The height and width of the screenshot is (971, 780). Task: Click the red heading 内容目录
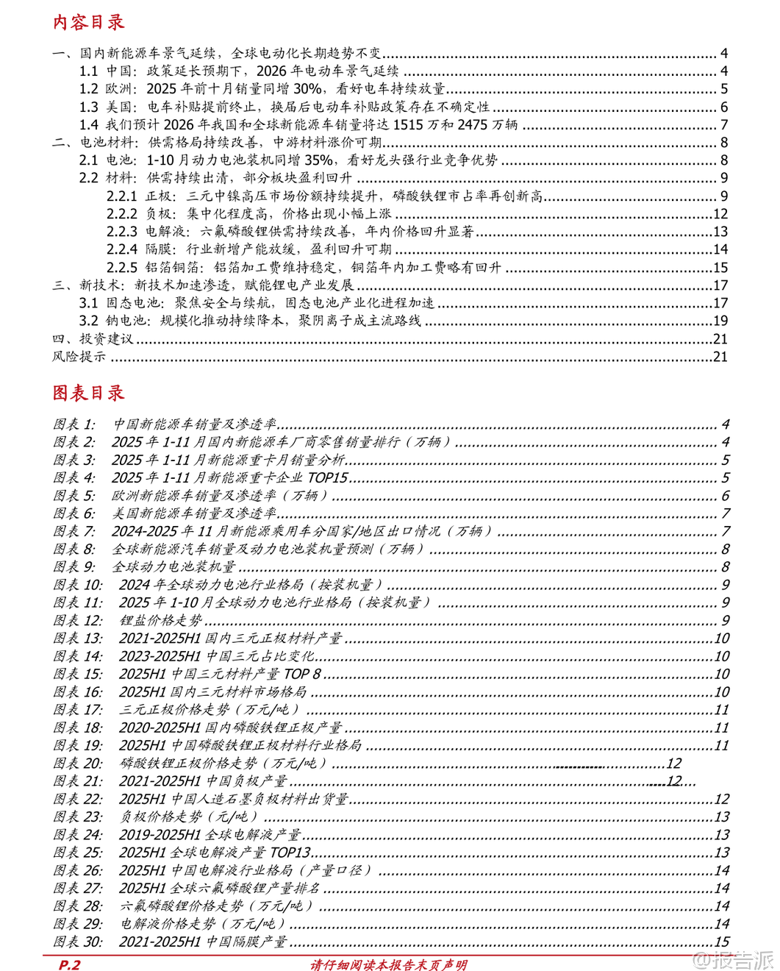(x=88, y=22)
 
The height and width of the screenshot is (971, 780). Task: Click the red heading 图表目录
(x=88, y=393)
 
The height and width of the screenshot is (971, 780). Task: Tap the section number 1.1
(x=88, y=71)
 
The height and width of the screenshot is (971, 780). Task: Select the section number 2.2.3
(x=122, y=232)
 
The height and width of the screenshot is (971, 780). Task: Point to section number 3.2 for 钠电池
(x=88, y=321)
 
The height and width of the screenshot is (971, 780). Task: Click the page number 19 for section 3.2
(x=720, y=321)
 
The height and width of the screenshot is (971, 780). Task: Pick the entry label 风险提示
(x=79, y=357)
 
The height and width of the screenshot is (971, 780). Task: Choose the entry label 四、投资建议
(x=93, y=339)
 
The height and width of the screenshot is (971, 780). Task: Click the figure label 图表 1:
(x=74, y=424)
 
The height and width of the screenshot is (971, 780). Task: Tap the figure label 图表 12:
(x=78, y=620)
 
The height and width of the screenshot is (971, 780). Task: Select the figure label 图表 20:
(x=78, y=763)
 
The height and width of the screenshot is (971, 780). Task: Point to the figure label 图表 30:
(x=78, y=942)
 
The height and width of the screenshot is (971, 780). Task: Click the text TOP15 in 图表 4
(x=327, y=477)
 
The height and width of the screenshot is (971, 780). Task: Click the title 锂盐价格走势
(x=161, y=620)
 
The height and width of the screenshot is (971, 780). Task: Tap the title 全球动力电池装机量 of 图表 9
(x=173, y=566)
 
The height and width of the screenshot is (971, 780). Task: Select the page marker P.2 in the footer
(x=69, y=964)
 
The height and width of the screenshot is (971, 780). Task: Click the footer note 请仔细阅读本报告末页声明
(x=389, y=964)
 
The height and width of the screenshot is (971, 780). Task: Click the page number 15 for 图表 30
(x=722, y=942)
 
